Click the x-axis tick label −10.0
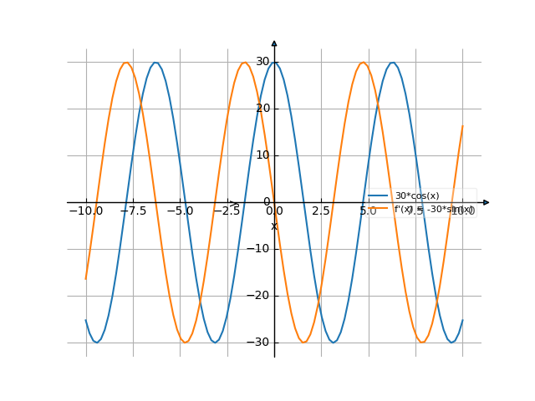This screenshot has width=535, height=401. tap(86, 211)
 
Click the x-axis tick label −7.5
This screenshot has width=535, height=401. tap(134, 211)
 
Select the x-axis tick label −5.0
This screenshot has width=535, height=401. tap(181, 211)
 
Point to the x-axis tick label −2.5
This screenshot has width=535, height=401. tap(227, 211)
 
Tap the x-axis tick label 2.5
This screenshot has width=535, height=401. tap(321, 211)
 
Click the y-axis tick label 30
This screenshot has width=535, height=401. tap(262, 62)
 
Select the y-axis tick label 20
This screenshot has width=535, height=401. tap(262, 109)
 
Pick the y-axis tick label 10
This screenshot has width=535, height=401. tap(262, 155)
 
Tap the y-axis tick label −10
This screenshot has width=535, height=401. tap(259, 249)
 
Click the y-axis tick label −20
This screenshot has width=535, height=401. tap(259, 296)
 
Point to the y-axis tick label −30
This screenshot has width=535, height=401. tap(259, 343)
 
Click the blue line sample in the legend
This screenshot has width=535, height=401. tap(380, 195)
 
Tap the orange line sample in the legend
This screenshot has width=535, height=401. tap(380, 209)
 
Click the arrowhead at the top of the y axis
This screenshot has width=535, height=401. tap(274, 43)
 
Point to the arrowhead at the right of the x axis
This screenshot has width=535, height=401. tap(487, 202)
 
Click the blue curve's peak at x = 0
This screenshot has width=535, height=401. tap(274, 63)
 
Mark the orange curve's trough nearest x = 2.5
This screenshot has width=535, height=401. tap(304, 342)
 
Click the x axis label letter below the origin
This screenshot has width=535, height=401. tap(273, 226)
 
